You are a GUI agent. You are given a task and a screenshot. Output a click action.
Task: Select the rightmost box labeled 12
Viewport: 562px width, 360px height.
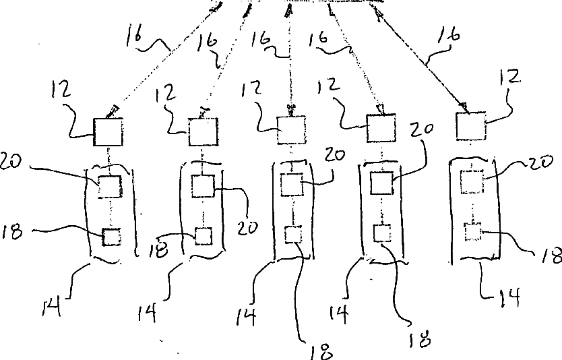click(471, 125)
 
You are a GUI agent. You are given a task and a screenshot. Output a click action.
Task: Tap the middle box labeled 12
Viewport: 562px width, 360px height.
click(292, 130)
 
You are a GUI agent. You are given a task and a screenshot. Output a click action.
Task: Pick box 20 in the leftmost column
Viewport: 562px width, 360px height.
click(110, 186)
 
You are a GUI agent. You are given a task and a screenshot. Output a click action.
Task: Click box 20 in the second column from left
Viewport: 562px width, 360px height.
click(203, 186)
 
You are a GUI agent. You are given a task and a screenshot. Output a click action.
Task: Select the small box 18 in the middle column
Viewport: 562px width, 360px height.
click(294, 235)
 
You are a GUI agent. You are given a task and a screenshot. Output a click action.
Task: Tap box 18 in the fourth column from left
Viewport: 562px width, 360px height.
click(382, 233)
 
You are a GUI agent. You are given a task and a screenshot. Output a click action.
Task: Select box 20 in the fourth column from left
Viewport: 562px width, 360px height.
click(382, 183)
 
